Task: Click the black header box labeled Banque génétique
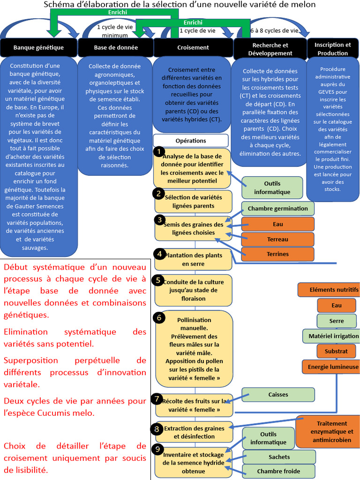point(38,47)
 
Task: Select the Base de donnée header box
point(116,47)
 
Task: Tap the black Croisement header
point(193,47)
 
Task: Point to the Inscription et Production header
point(332,49)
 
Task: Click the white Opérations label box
point(191,141)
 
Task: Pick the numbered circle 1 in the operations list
point(159,152)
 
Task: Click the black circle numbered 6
point(159,317)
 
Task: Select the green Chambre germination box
point(278,209)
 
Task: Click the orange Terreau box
point(278,239)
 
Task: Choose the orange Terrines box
point(278,254)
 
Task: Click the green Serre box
point(337,321)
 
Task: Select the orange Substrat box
point(337,351)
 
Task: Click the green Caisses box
point(278,394)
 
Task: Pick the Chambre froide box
point(278,471)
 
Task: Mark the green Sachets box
point(279,457)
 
